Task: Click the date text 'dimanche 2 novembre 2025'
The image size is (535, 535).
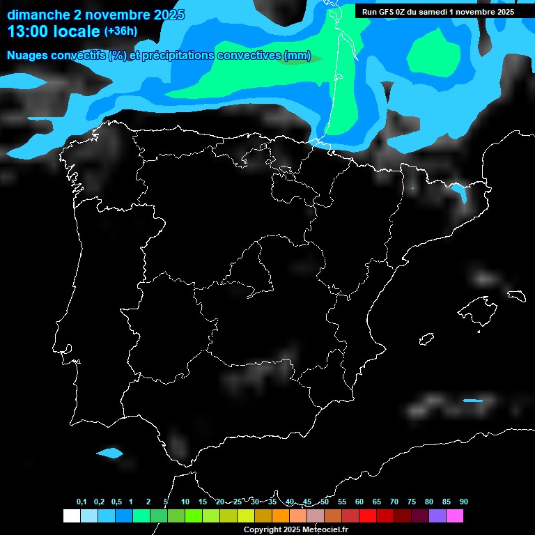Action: click(96, 15)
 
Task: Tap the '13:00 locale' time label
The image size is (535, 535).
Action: click(53, 31)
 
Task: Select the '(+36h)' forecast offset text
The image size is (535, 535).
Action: click(121, 31)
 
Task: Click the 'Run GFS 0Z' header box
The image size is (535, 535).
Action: click(438, 12)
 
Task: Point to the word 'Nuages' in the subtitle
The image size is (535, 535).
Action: click(28, 56)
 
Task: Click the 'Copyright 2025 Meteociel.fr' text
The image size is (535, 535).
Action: click(295, 529)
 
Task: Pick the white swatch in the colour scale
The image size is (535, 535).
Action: click(71, 516)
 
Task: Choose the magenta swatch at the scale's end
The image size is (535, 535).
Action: click(454, 516)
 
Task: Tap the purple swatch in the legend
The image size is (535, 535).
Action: click(437, 516)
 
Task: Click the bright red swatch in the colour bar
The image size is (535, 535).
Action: click(367, 516)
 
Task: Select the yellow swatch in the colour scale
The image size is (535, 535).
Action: click(245, 516)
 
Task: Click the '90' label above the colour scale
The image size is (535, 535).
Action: click(463, 502)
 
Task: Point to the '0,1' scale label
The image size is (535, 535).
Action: click(82, 502)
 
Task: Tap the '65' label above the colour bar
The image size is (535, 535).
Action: click(377, 502)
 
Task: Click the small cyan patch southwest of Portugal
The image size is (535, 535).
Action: click(109, 453)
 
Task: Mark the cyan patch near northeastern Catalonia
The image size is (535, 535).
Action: click(459, 192)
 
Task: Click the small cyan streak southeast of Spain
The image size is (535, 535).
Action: click(472, 401)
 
